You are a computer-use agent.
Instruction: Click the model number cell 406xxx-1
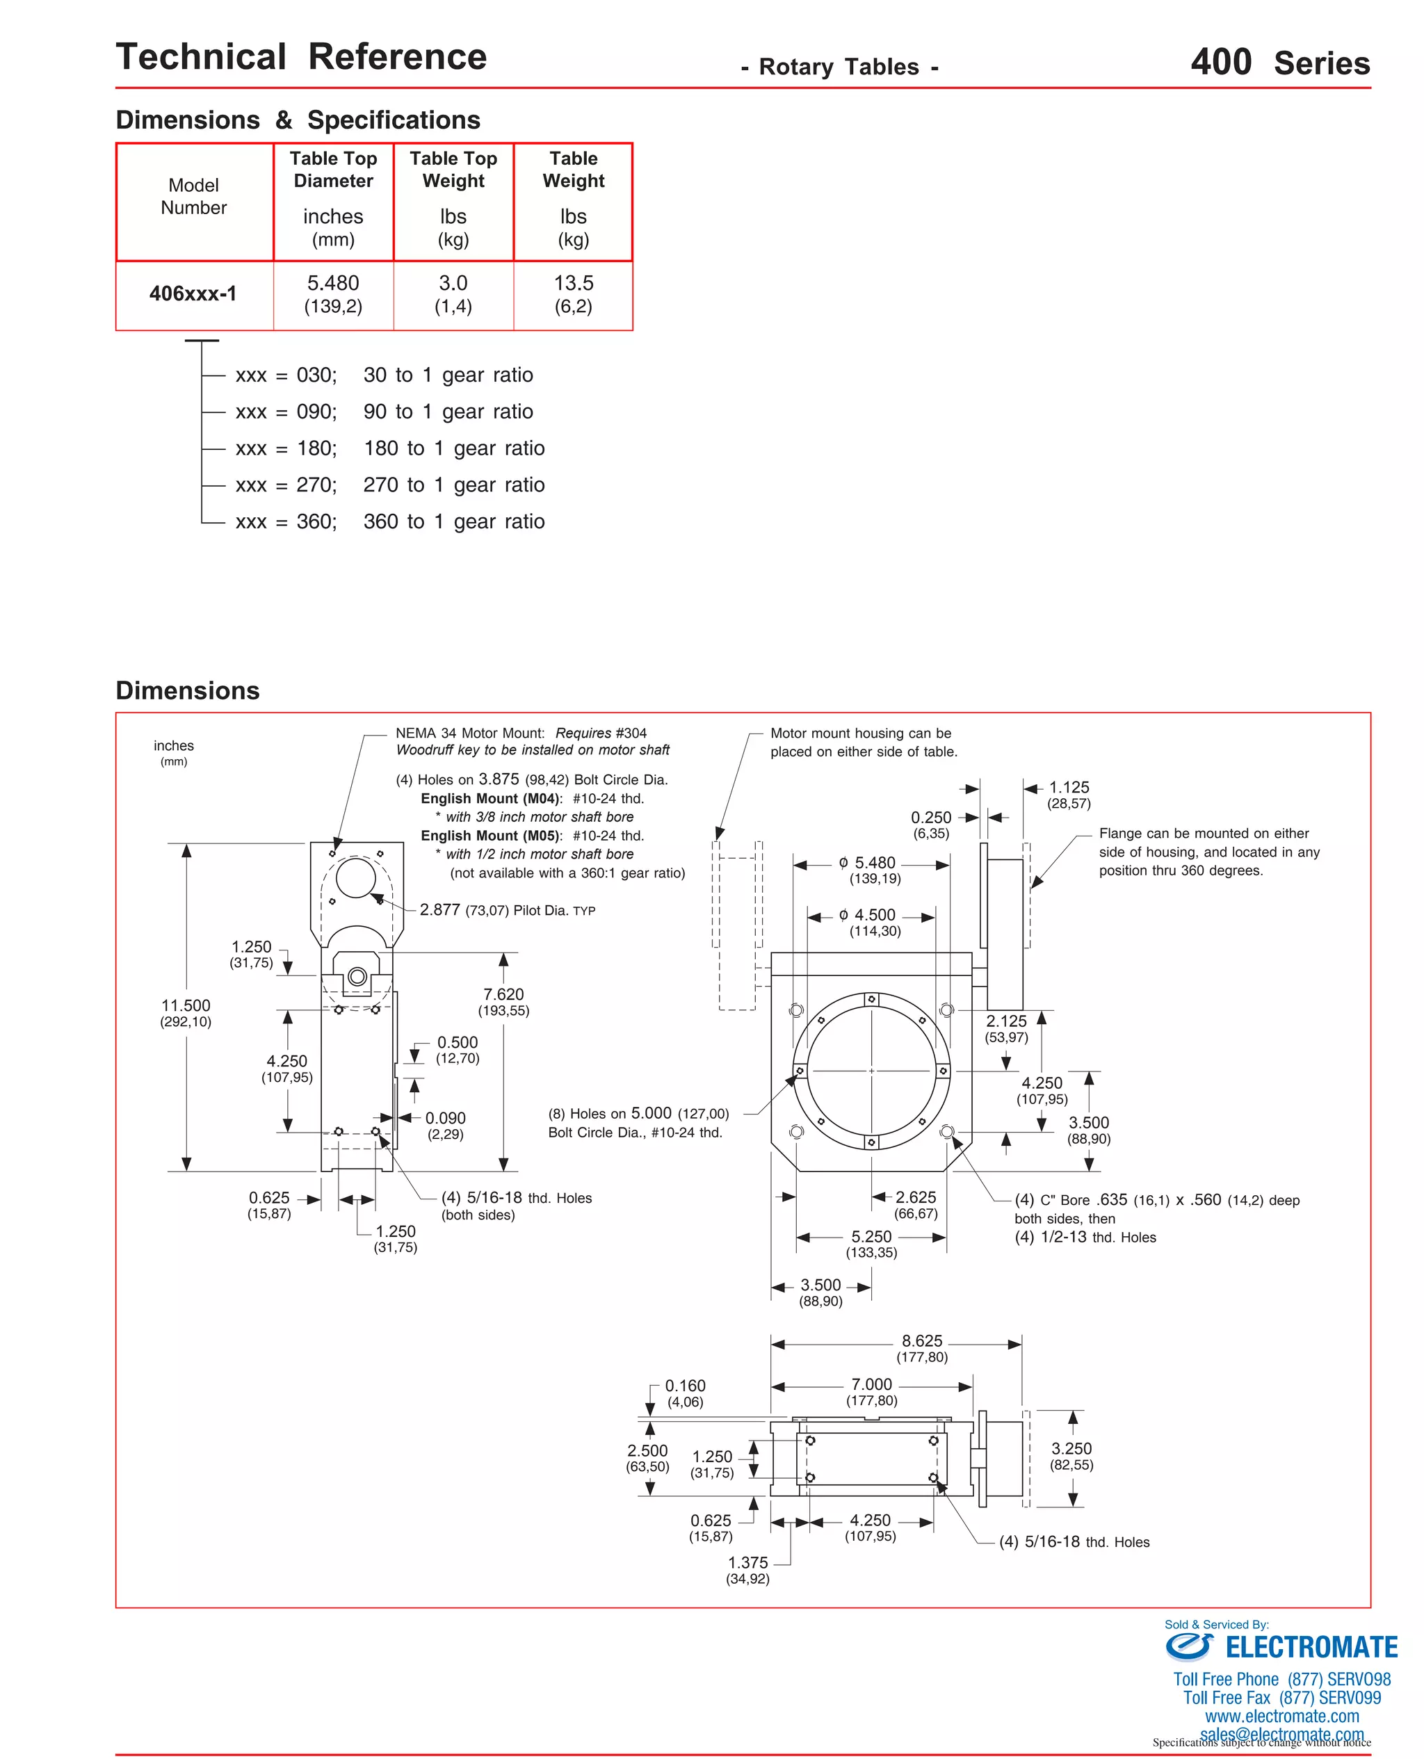tap(193, 293)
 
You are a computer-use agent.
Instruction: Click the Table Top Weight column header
tap(453, 170)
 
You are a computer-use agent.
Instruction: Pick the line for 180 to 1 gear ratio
tap(389, 448)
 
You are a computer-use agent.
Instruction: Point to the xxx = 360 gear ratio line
tap(389, 521)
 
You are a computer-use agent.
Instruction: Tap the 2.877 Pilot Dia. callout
tap(507, 909)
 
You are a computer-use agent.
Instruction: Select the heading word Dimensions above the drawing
tap(187, 690)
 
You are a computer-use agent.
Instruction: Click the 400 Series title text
tap(1279, 63)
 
